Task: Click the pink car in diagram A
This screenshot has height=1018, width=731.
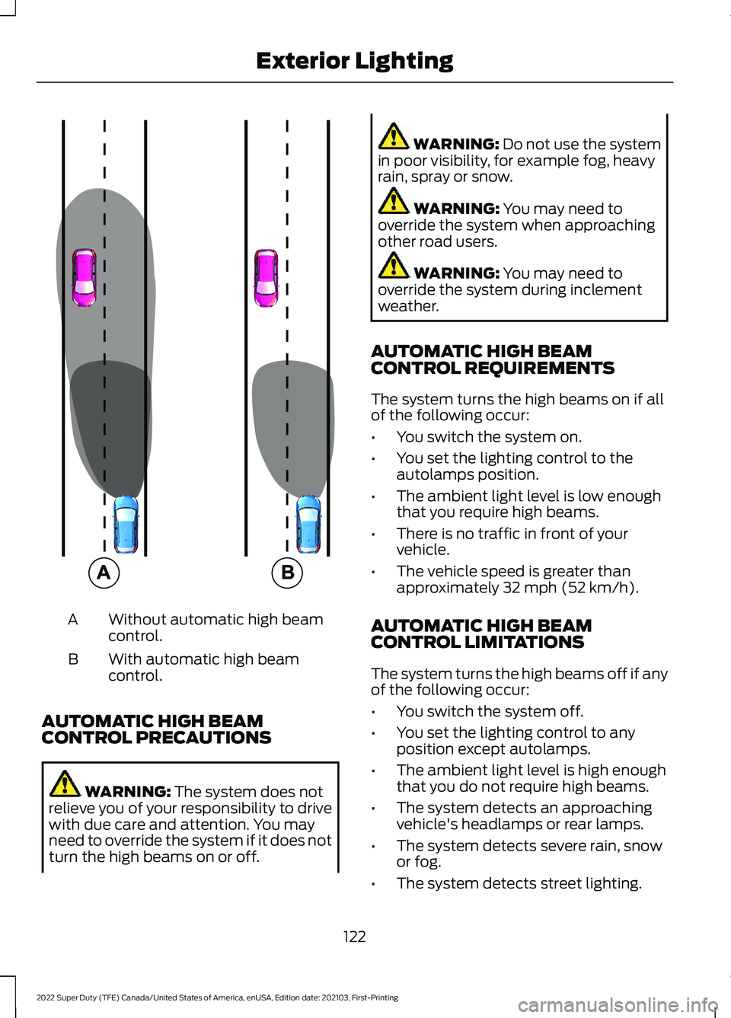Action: click(84, 277)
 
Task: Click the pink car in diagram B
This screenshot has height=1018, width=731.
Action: click(267, 277)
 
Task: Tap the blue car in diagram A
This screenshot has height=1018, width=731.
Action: click(126, 524)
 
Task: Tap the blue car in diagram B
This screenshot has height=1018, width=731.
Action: click(308, 524)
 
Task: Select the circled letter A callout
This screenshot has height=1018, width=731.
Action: click(104, 572)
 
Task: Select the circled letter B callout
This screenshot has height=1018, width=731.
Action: click(287, 572)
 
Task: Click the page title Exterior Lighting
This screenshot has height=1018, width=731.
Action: click(354, 61)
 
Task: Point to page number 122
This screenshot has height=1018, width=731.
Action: click(354, 937)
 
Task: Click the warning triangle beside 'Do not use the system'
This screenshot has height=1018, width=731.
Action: click(394, 136)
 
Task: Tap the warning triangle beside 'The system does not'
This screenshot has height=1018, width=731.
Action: click(65, 784)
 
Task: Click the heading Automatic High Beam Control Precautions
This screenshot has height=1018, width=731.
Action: click(156, 729)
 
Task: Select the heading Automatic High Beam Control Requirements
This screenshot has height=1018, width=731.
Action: click(492, 359)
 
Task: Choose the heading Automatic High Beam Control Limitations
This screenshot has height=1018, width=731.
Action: click(480, 634)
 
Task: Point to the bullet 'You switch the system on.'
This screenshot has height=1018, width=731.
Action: click(488, 437)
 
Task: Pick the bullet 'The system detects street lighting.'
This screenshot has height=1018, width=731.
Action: click(519, 883)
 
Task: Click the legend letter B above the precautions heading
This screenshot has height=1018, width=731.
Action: click(73, 659)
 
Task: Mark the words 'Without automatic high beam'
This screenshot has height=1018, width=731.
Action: click(215, 620)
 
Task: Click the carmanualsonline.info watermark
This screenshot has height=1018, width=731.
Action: click(617, 1005)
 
